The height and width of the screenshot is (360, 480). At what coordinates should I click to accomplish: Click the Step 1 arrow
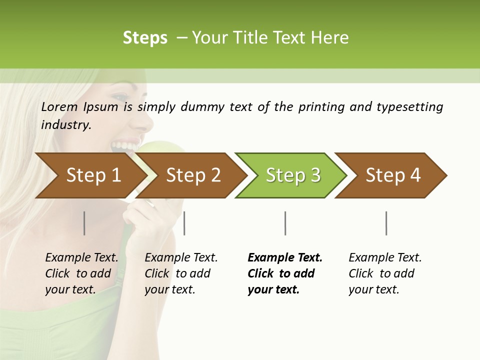click(93, 175)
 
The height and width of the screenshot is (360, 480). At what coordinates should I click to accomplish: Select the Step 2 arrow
click(193, 175)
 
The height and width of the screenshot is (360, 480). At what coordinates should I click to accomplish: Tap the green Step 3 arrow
click(292, 175)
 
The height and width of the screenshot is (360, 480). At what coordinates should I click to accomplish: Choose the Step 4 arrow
click(392, 175)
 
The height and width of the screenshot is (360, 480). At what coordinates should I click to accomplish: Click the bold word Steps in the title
click(145, 37)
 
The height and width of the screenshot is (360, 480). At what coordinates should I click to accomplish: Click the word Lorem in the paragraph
click(59, 106)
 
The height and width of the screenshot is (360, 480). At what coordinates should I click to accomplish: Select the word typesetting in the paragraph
click(409, 106)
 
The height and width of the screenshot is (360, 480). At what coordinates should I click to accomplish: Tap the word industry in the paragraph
click(66, 124)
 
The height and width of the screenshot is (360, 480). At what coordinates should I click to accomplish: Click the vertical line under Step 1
click(84, 223)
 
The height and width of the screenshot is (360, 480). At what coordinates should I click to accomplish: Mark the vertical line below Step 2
click(184, 223)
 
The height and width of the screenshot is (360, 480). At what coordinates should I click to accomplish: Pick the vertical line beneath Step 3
click(285, 223)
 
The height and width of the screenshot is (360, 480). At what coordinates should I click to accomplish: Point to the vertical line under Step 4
click(386, 223)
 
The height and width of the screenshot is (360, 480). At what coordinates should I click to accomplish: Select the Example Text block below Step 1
click(81, 273)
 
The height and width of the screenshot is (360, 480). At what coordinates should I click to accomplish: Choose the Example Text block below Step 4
click(385, 273)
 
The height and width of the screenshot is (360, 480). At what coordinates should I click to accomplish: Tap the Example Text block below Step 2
click(181, 273)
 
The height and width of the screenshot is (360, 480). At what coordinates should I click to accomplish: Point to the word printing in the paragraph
click(321, 106)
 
